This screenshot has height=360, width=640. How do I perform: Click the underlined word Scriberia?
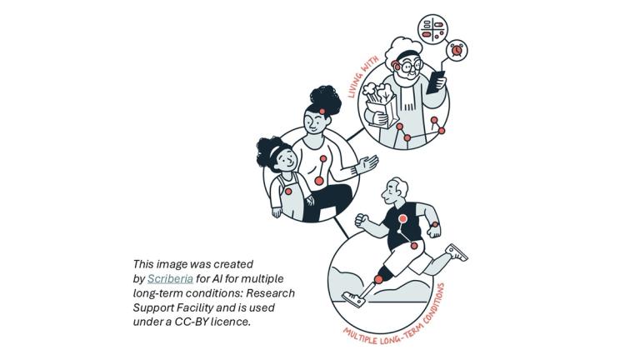[x=169, y=278]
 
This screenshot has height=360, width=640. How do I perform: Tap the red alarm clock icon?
[x=456, y=50]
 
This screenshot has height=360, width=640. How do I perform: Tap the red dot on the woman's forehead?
[x=321, y=112]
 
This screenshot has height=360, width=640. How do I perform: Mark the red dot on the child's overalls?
[x=288, y=191]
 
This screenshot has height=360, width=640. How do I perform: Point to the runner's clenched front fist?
[x=361, y=219]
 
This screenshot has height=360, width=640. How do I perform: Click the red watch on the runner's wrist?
[x=434, y=225]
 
